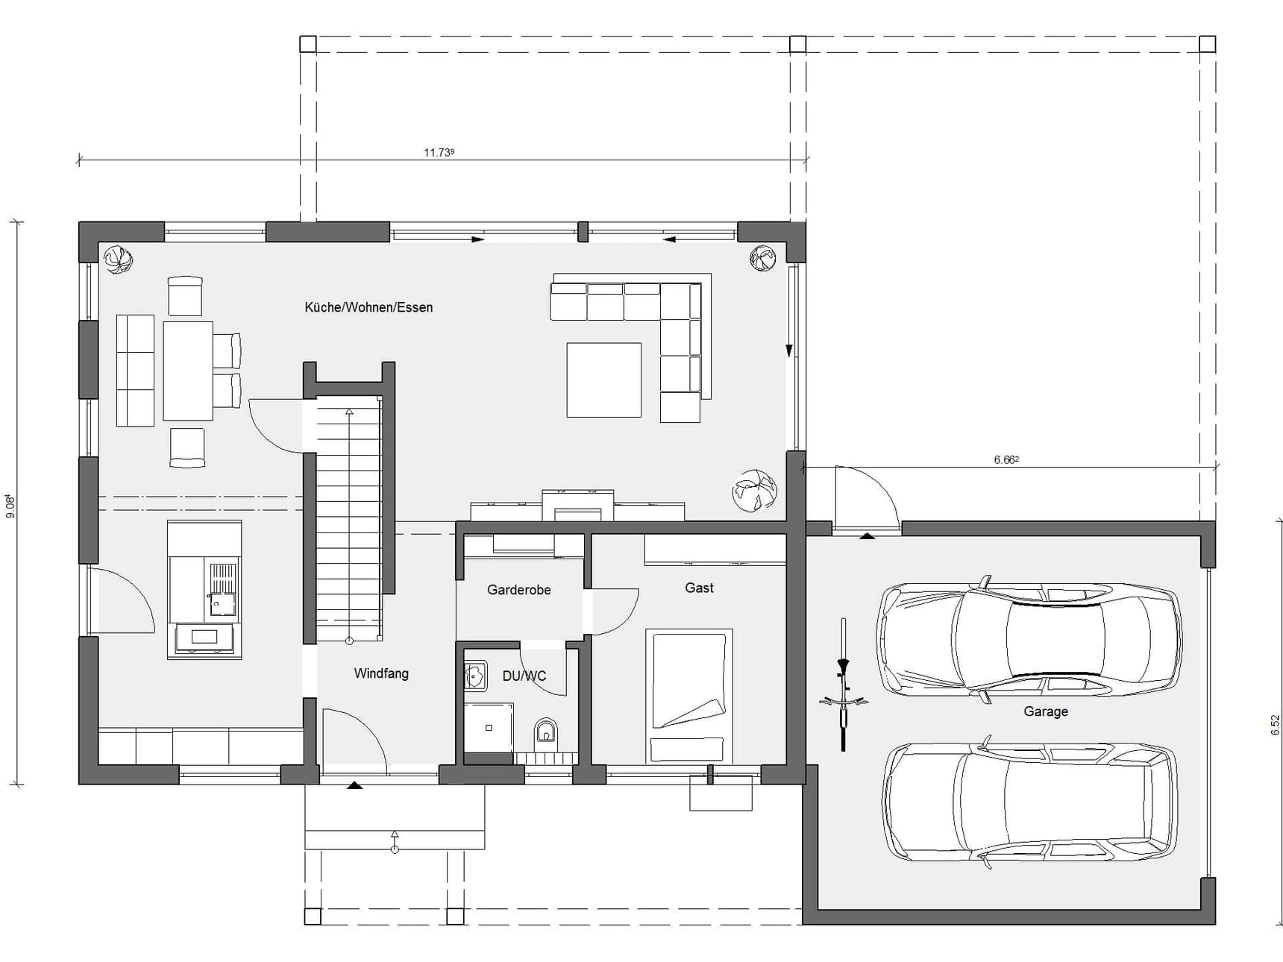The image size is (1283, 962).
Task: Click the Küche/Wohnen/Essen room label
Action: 368,307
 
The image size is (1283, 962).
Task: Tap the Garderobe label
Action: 519,590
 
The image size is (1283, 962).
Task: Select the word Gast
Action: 700,588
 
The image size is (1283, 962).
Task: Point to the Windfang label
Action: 381,673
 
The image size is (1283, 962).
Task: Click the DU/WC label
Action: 524,676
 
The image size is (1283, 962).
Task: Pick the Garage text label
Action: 1046,711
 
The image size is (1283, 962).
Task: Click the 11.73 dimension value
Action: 439,152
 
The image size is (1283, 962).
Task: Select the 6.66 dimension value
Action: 1006,459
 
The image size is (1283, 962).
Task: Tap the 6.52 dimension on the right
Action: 1275,725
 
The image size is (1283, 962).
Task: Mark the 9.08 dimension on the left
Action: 10,506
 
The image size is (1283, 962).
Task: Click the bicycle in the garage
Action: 844,684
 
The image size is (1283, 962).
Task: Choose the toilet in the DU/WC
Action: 546,732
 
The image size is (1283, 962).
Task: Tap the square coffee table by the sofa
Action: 603,380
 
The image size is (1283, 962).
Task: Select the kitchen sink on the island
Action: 222,590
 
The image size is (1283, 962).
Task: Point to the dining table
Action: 188,371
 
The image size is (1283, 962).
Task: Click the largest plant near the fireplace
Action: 754,490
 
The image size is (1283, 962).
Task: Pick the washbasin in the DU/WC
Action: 475,676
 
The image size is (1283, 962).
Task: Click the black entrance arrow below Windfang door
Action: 355,785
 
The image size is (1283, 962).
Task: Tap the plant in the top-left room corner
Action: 119,260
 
